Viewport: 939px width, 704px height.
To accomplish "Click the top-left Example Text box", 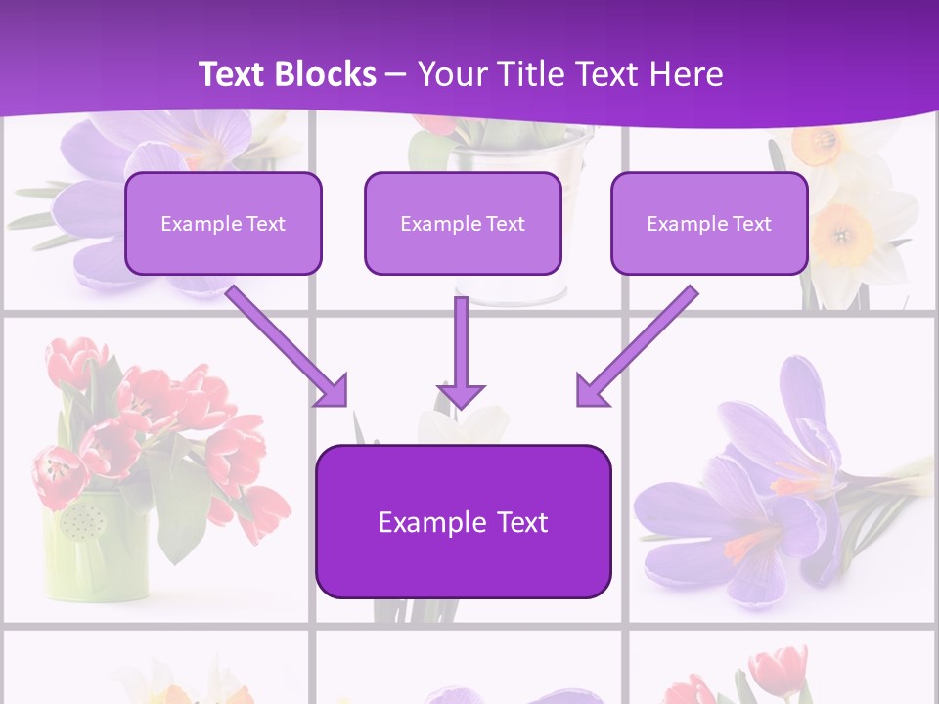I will coord(223,223).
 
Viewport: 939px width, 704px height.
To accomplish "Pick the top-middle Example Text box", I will coord(463,223).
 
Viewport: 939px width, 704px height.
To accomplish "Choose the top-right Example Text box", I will coord(709,223).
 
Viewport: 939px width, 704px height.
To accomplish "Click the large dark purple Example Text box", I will coord(463,521).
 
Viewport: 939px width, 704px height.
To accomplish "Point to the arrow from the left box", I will coord(288,346).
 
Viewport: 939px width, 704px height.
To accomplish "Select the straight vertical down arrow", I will coord(461,352).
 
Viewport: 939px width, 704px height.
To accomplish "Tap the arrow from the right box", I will coord(637,346).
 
